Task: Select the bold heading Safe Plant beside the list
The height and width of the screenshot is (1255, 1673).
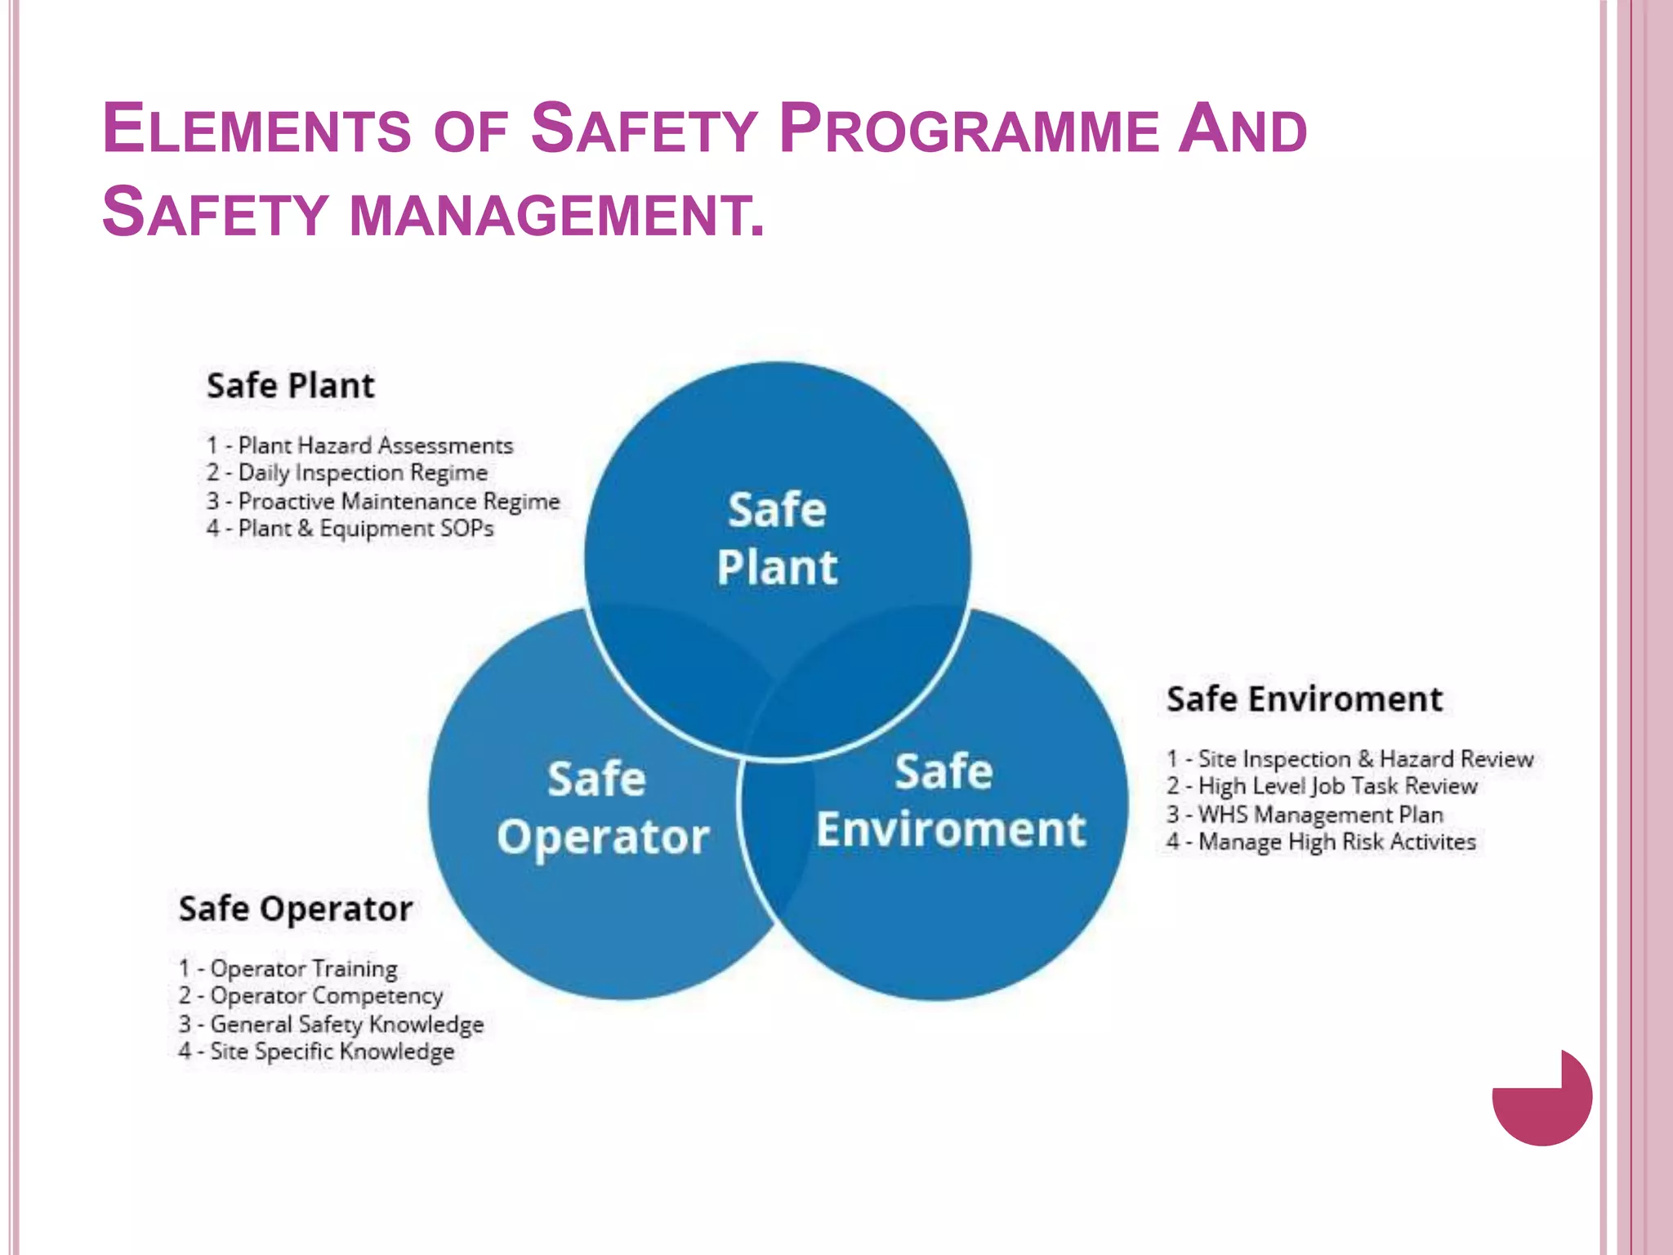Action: click(x=290, y=386)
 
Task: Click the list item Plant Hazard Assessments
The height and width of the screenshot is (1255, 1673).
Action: click(x=359, y=445)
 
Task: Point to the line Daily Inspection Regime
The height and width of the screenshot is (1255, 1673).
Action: click(x=347, y=473)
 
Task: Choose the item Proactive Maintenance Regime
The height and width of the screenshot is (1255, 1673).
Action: click(x=383, y=501)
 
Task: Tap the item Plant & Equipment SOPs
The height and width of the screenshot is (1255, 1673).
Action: click(x=350, y=529)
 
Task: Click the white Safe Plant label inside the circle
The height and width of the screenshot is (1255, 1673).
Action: click(x=777, y=538)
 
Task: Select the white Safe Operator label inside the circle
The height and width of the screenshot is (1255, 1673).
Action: click(x=603, y=808)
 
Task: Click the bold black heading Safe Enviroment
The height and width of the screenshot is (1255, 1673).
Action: click(x=1305, y=699)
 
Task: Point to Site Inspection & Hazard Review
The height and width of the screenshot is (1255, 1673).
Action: click(x=1350, y=759)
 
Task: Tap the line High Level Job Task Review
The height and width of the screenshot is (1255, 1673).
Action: click(x=1322, y=786)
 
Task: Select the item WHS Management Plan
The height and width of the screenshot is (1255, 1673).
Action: click(x=1305, y=815)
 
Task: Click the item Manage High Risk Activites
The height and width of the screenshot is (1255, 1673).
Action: click(x=1321, y=842)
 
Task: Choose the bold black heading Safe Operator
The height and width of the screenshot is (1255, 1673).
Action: click(x=296, y=909)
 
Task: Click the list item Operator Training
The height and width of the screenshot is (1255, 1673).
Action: click(x=288, y=968)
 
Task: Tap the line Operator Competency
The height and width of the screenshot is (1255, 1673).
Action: click(x=310, y=996)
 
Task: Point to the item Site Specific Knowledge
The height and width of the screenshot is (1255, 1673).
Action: click(x=316, y=1052)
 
